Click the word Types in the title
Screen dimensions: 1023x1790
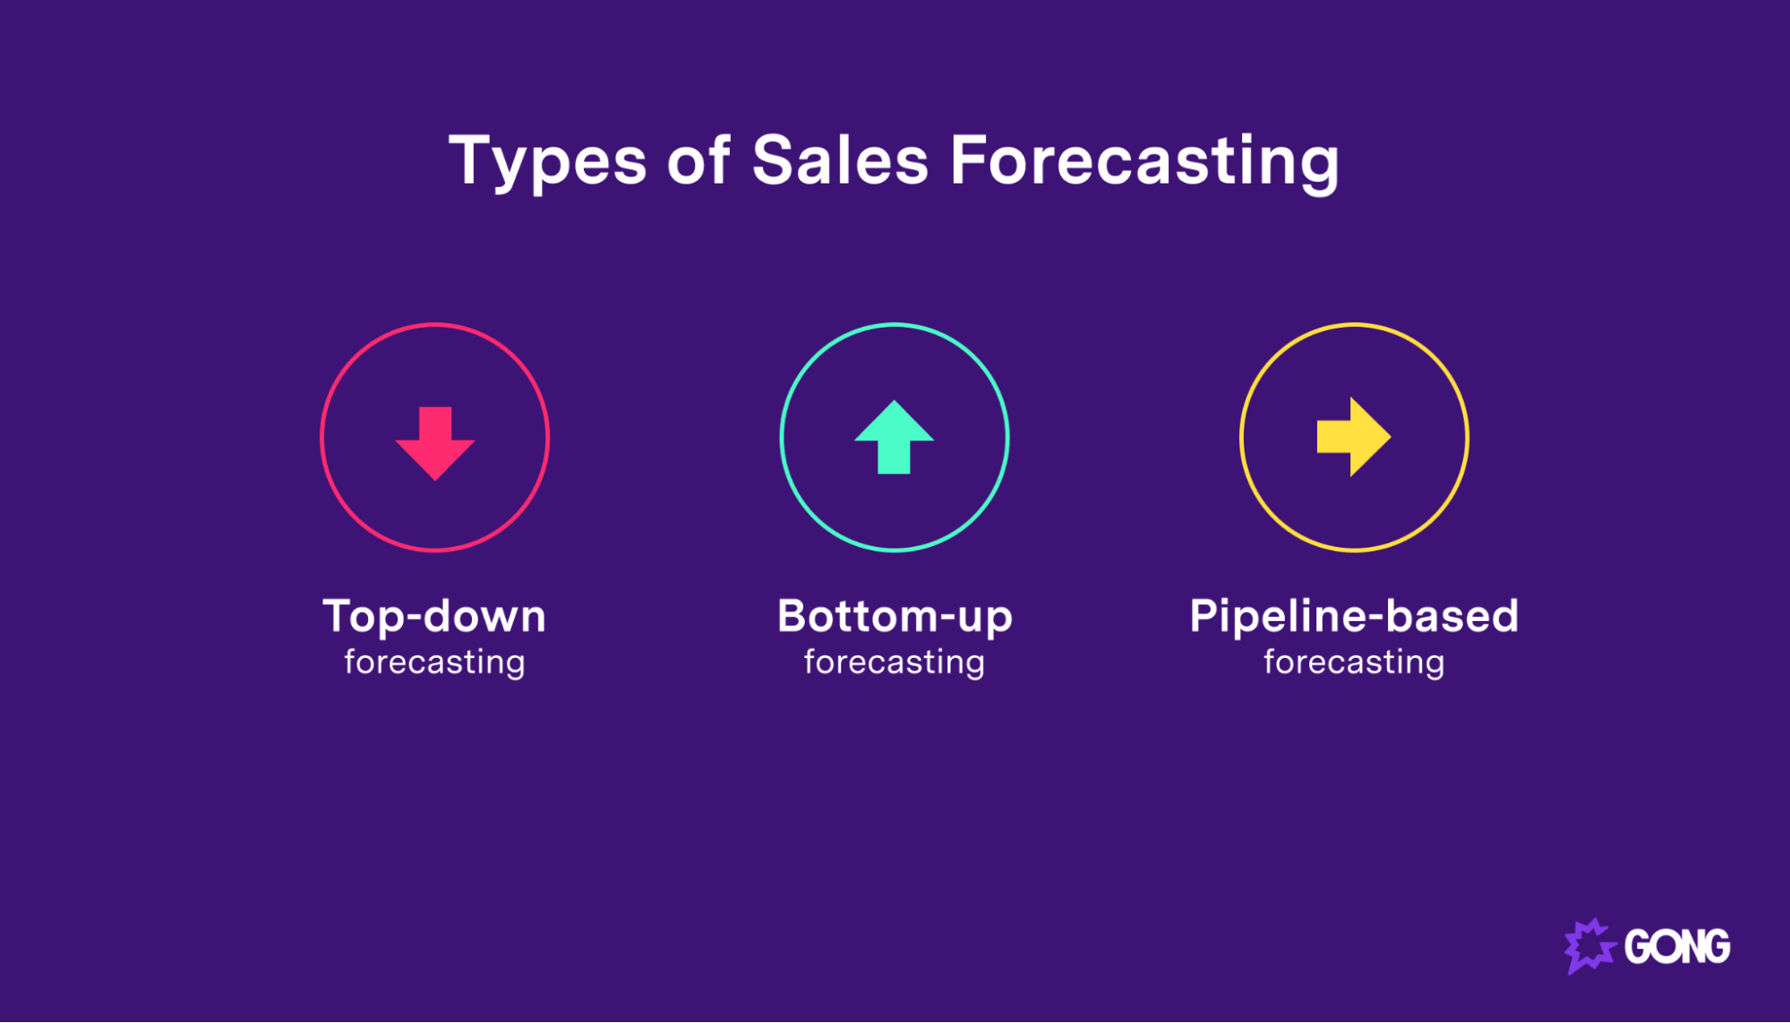click(x=547, y=162)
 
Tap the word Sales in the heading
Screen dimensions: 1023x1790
click(x=840, y=161)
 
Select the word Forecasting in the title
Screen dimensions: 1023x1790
click(x=1143, y=162)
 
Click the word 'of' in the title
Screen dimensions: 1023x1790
click(x=698, y=161)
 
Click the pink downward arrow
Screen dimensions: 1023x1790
click(x=435, y=442)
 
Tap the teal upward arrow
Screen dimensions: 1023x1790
click(x=894, y=438)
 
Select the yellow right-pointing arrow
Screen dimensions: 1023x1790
click(x=1353, y=437)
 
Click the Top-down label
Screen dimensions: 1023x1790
click(x=434, y=617)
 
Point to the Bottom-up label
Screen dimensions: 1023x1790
click(x=895, y=617)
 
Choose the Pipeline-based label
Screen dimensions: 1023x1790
click(x=1354, y=617)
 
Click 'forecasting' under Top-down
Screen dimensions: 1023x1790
click(x=434, y=663)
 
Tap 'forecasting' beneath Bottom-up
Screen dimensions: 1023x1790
click(x=895, y=663)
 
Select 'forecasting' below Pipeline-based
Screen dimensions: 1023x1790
click(x=1354, y=663)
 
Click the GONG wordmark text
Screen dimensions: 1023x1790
click(x=1677, y=947)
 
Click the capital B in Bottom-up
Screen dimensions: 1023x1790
click(x=794, y=616)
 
